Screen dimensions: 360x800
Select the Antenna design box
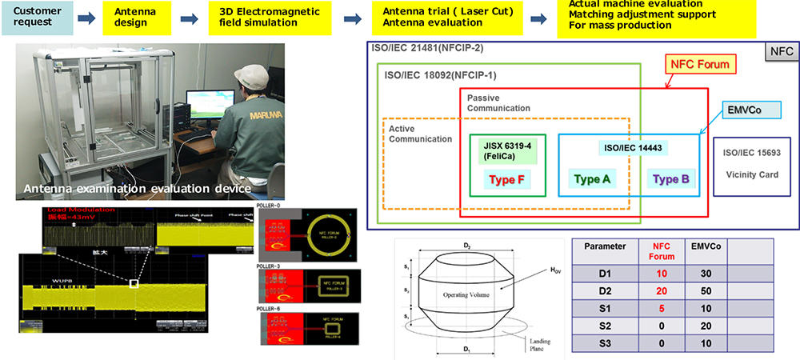point(138,17)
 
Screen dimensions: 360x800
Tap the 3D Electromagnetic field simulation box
point(265,17)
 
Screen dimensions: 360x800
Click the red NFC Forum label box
point(701,63)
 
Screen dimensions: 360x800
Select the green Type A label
point(592,178)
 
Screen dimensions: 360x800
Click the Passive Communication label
point(498,102)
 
